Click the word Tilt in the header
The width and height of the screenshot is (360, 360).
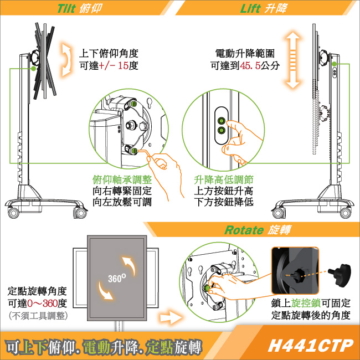point(66,8)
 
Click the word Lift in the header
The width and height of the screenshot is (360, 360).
point(250,8)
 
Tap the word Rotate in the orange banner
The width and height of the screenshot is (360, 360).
point(244,230)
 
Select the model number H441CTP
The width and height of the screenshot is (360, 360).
point(310,345)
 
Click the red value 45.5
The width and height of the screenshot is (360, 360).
point(250,66)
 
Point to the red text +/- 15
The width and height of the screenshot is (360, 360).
point(114,66)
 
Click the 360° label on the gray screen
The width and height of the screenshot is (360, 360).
point(117,278)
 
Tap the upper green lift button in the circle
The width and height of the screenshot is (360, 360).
point(222,121)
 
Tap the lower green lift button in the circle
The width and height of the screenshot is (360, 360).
point(222,131)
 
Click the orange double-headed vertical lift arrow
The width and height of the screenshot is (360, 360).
point(293,60)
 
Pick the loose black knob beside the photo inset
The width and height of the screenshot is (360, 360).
point(340,275)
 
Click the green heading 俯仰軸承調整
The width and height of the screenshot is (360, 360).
point(122,180)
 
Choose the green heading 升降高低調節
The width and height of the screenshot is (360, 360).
point(224,180)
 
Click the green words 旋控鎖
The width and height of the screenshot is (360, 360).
point(306,304)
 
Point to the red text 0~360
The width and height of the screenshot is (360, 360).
point(42,304)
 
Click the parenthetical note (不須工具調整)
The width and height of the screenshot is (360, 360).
point(38,316)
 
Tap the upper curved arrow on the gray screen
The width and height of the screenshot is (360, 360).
point(129,266)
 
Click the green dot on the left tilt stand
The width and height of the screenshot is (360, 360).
point(34,68)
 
